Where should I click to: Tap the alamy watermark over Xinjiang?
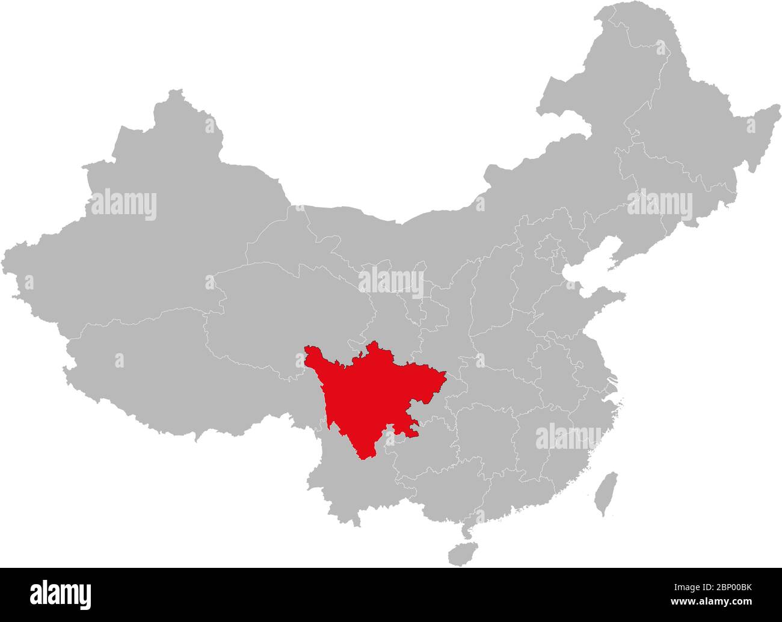coord(123,205)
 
